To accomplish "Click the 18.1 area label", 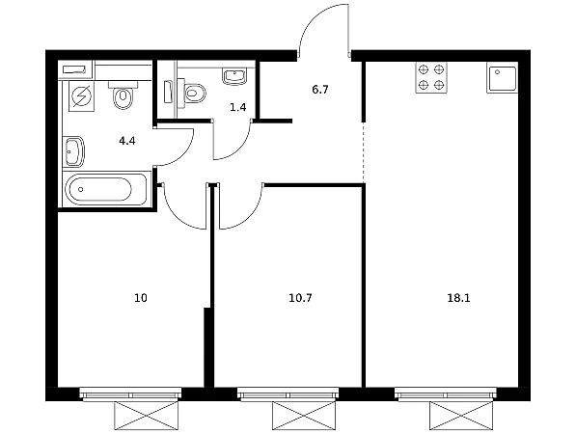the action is pos(458,298).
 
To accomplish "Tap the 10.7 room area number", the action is pos(300,298).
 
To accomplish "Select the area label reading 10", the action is pos(141,298).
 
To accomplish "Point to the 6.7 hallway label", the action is pos(320,90).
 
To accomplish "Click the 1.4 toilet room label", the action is pos(237,107).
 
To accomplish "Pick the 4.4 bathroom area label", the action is pos(127,141).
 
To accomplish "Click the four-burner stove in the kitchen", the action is pos(431,77).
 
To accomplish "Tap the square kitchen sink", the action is pos(502,77).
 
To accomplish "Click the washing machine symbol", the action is pos(82,96).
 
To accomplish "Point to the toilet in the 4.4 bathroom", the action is pos(123,95).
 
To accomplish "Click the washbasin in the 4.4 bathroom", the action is pos(74,151).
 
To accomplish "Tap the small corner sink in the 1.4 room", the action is pos(234,76).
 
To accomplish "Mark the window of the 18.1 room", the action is pos(446,394).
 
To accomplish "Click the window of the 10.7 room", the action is pos(288,394).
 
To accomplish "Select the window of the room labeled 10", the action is pos(130,394).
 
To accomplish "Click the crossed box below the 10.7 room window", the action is pos(304,416).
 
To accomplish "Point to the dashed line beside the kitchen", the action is pos(364,152).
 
